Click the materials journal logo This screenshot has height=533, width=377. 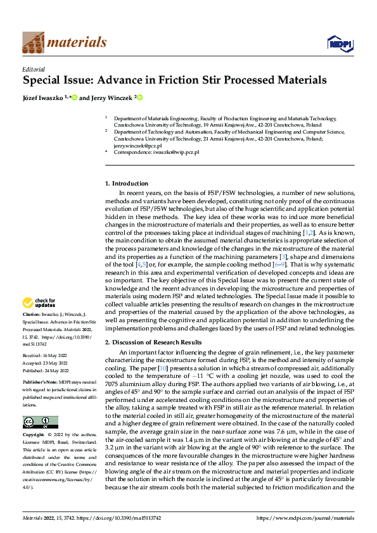(x=64, y=42)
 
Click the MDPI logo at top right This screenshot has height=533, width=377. (x=338, y=42)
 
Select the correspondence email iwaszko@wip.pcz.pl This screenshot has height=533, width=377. (x=176, y=153)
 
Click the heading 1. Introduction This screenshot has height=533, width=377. (x=126, y=184)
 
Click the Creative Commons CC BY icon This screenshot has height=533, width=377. (x=41, y=404)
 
